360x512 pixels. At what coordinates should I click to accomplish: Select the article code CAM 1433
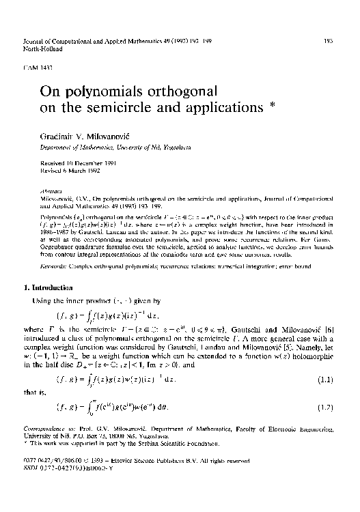coord(37,69)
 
